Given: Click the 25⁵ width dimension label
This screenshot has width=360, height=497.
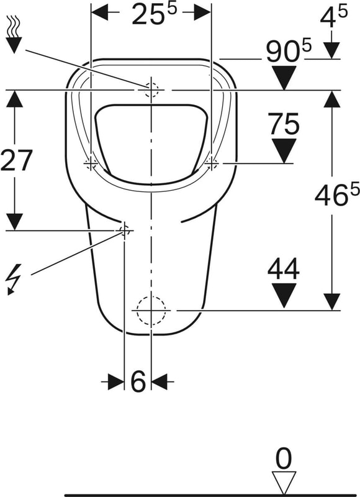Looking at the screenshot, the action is click(153, 14).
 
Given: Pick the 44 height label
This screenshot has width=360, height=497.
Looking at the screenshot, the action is click(284, 268).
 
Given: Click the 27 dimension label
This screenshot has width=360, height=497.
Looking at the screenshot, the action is click(16, 160).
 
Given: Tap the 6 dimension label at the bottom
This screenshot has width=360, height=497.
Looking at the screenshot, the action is click(138, 381).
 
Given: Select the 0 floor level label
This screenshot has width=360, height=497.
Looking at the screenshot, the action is click(284, 458).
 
